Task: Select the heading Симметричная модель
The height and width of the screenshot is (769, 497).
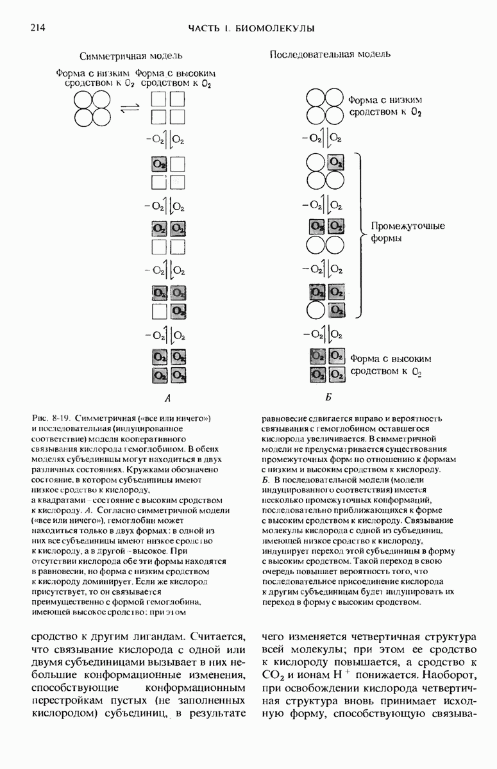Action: tap(131, 56)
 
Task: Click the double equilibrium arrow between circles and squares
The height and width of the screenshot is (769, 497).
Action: tap(130, 107)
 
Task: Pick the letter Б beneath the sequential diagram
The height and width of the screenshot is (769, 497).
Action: tap(328, 397)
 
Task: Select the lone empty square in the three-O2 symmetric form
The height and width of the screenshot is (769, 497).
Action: tap(159, 311)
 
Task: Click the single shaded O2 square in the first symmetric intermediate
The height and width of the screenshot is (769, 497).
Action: tap(159, 164)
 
